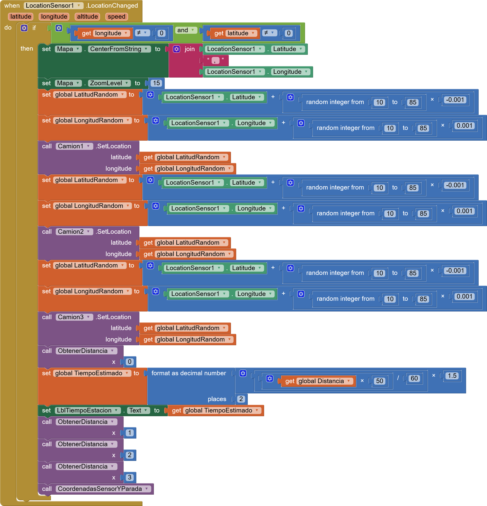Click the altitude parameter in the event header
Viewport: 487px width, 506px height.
point(87,16)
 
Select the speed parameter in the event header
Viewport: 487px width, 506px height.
point(116,16)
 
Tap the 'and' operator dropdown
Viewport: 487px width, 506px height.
point(185,30)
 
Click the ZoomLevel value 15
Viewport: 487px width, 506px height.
point(156,83)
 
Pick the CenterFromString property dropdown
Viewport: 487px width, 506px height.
point(119,49)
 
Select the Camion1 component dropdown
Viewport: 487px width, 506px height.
point(74,146)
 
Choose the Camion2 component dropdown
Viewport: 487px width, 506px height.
point(74,232)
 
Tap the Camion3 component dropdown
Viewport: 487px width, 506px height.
point(74,317)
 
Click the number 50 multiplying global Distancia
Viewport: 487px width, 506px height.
point(380,381)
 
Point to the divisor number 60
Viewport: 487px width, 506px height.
point(414,379)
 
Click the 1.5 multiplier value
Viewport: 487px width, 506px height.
point(452,376)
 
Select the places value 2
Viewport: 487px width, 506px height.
point(241,399)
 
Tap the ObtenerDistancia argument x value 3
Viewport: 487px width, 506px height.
point(129,477)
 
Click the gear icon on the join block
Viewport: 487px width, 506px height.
point(177,49)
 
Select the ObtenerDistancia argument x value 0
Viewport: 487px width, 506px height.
point(129,362)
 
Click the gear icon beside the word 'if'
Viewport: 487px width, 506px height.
point(24,28)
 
